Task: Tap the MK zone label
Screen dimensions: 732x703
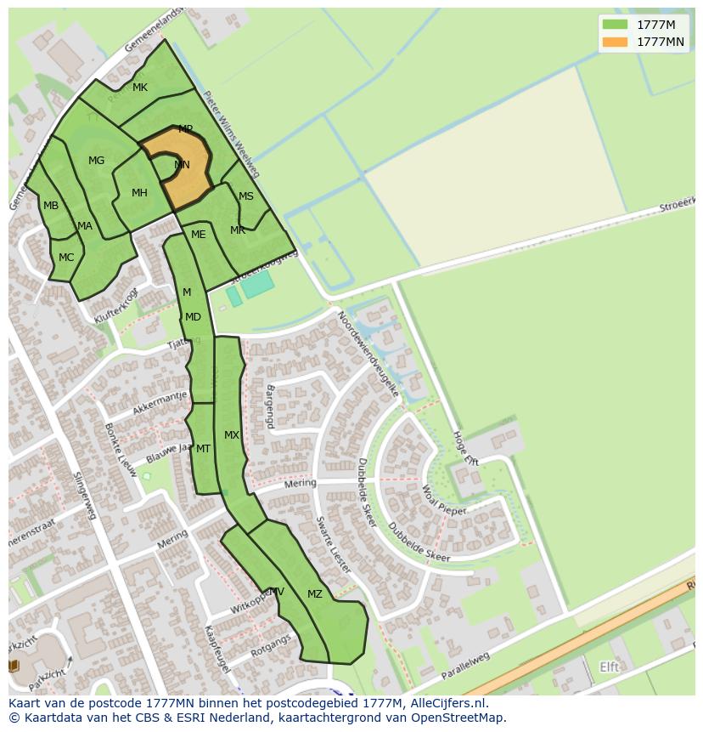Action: click(140, 88)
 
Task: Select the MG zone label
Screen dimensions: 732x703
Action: click(96, 161)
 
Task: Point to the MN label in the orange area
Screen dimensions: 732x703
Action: click(182, 165)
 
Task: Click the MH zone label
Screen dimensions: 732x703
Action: click(139, 193)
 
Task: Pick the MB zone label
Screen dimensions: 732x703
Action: click(51, 206)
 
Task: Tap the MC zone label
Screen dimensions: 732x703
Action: click(66, 258)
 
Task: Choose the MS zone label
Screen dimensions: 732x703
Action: click(245, 196)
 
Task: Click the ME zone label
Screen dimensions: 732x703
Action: click(198, 235)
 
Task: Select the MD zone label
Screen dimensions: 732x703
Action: click(193, 317)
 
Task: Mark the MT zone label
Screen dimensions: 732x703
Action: click(203, 449)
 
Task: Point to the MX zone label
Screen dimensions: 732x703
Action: click(232, 435)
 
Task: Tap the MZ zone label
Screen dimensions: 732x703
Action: click(315, 594)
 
